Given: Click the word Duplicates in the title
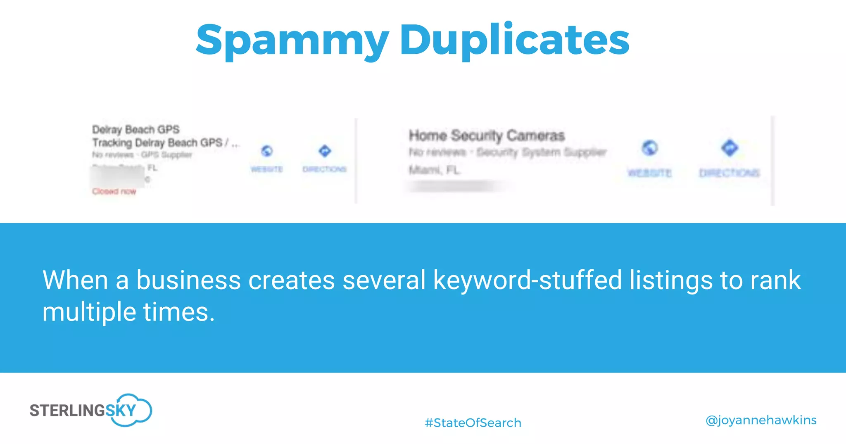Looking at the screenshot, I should (514, 40).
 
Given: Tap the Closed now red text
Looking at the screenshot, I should (114, 191).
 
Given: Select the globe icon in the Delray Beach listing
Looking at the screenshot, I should (267, 151).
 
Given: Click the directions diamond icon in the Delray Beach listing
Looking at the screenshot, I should (325, 151).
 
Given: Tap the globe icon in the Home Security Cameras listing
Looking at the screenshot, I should (650, 148).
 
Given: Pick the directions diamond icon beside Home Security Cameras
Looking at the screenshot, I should (730, 148).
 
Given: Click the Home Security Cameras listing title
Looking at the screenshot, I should (487, 135).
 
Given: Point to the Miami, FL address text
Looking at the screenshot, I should (434, 170).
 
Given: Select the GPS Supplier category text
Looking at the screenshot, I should (166, 155).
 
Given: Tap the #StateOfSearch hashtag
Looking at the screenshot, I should (473, 423).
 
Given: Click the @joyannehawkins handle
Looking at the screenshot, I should (761, 420).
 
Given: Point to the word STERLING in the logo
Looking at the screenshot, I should (67, 411).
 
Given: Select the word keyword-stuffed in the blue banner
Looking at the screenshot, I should (528, 280).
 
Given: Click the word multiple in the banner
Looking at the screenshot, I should (89, 312).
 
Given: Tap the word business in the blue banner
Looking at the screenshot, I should (188, 280).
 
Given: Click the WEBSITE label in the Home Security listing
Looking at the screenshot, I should (649, 173).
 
